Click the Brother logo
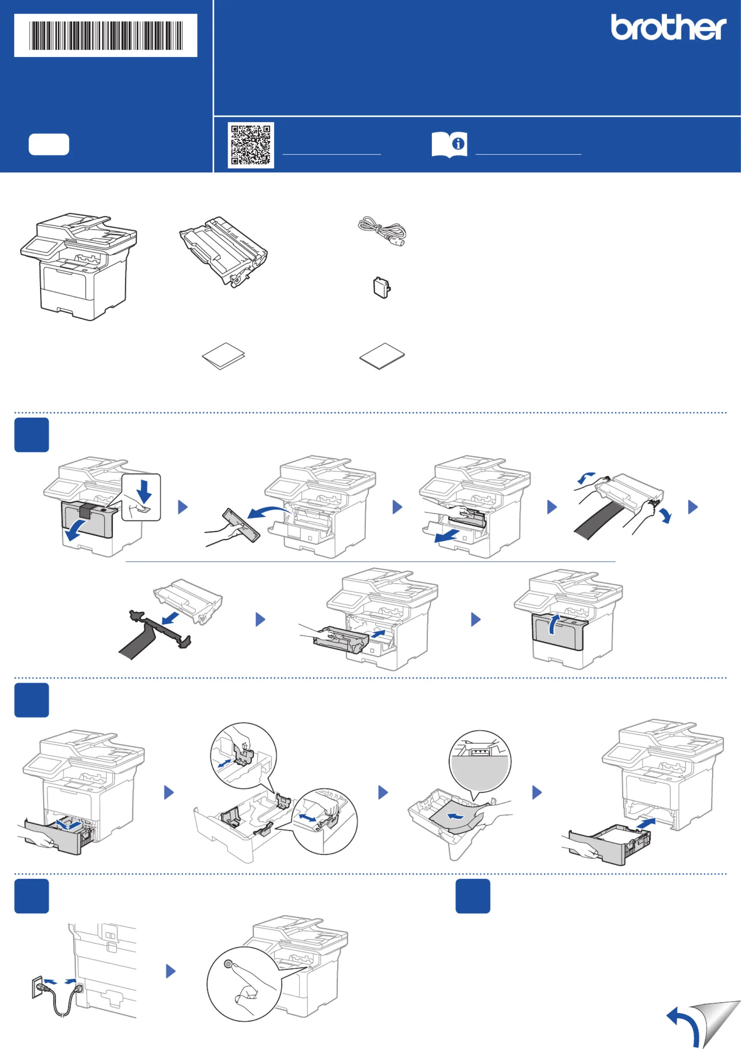669,27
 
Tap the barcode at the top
106,35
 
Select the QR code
251,145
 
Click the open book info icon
449,145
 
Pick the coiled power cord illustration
381,231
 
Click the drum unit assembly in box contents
223,251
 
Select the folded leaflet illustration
223,356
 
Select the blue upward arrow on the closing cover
554,624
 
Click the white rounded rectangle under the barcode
49,145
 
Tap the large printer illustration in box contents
79,267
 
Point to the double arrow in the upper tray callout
224,763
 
